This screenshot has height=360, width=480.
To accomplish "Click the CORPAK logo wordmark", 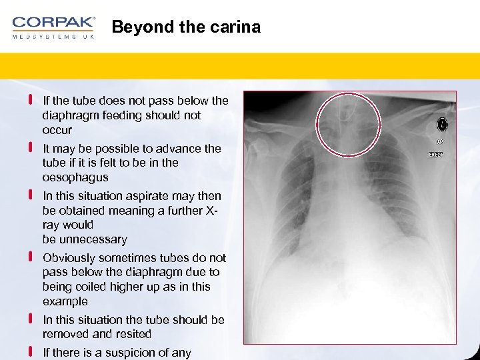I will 53,22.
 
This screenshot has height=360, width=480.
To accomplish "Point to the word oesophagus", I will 75,177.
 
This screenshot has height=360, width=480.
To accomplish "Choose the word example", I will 65,301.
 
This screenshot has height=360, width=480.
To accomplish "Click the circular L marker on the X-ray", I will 441,125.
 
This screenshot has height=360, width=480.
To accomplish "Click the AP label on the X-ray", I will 440,141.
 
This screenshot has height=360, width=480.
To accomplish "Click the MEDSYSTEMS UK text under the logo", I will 53,37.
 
